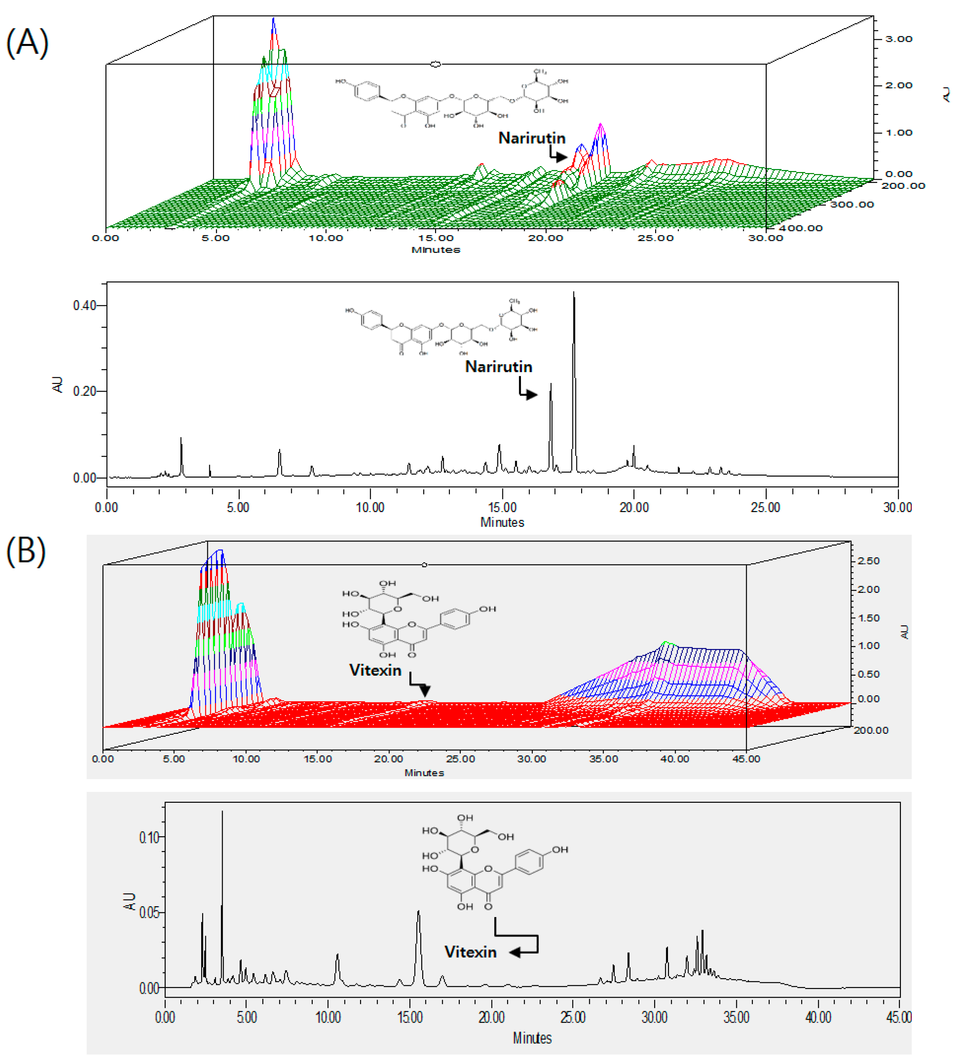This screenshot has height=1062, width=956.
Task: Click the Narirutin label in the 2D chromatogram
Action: coord(499,367)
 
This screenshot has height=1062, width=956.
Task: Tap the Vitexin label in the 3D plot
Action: coord(375,670)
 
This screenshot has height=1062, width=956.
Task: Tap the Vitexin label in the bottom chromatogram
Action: coord(470,952)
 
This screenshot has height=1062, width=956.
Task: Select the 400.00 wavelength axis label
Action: coord(800,228)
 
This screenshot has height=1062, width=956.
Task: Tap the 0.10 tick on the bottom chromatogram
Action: coord(149,837)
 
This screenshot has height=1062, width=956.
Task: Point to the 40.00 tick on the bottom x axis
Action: coord(818,1017)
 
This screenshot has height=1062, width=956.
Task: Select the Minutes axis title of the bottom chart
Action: coord(531,1038)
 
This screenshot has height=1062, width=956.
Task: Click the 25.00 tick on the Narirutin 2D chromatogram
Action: coord(765,507)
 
